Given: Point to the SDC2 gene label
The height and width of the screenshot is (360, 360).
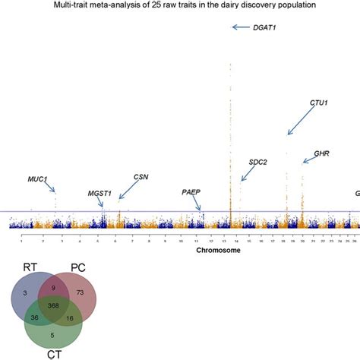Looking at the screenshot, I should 258,162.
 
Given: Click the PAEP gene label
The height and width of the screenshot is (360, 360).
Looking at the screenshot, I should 191,192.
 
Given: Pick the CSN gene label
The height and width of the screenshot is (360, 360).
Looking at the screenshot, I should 141,177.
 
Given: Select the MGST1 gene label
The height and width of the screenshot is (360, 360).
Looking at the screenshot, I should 99,193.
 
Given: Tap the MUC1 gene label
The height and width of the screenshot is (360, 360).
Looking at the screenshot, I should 38,180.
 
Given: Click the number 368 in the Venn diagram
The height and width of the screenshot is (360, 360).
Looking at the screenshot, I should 53,305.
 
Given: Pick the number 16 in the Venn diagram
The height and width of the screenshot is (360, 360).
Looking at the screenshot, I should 71,320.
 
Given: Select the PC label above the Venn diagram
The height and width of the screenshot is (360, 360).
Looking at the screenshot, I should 77,267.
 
